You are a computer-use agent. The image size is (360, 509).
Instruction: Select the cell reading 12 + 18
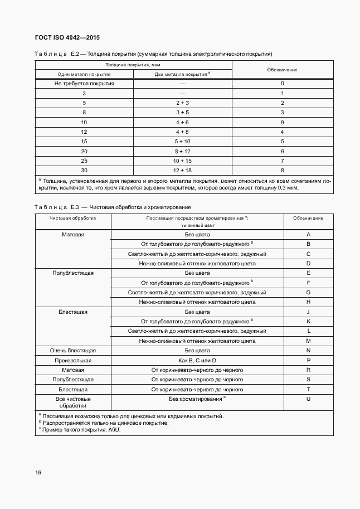coord(182,169)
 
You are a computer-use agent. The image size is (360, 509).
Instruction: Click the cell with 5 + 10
coord(182,141)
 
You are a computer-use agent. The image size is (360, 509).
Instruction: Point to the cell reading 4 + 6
coord(182,122)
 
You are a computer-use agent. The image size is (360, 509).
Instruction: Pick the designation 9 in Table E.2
coord(283,122)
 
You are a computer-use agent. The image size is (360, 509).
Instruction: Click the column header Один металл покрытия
coord(84,74)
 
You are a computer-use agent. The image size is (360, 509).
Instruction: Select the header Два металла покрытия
coord(182,74)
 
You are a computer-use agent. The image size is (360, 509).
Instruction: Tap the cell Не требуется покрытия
coord(84,83)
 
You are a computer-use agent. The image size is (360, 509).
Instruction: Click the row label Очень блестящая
coord(73,351)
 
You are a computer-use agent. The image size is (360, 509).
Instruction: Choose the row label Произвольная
coord(73,360)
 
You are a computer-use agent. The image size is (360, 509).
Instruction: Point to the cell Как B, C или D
coord(197,360)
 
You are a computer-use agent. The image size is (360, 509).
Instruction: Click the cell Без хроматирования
coord(197,399)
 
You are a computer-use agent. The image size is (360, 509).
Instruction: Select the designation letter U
coord(308,399)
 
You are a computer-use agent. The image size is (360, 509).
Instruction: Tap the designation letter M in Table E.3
coord(308,341)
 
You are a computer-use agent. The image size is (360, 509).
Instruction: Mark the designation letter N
coord(308,351)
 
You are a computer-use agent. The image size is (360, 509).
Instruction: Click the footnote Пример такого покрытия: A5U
coord(82,430)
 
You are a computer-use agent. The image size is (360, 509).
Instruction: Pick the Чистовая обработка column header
coord(73,218)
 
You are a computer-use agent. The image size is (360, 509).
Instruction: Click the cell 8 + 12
coord(182,151)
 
